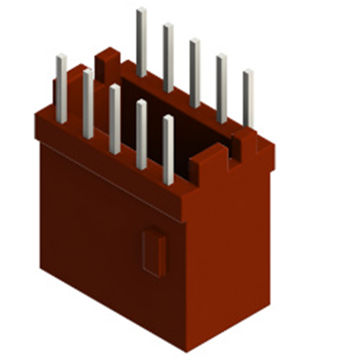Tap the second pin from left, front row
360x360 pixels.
88,104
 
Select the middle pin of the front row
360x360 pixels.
115,119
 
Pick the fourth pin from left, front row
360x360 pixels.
141,135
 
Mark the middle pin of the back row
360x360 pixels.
195,72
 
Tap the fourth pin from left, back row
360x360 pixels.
221,88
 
